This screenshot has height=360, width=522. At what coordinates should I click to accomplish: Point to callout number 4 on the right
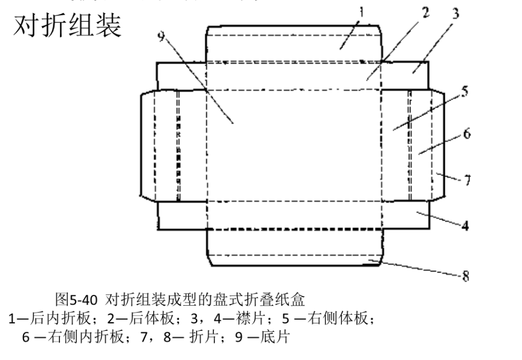click(x=465, y=225)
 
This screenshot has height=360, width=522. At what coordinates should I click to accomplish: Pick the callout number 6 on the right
click(x=467, y=135)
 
